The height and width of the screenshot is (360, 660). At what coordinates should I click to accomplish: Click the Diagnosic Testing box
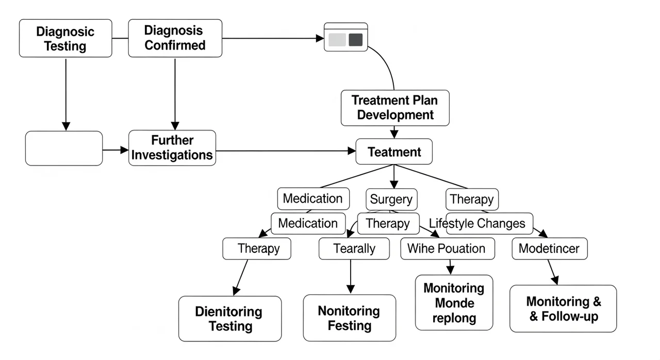tap(65, 38)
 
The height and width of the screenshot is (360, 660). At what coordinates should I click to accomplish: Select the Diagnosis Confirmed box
tap(175, 38)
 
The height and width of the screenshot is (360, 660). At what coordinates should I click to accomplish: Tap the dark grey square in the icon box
tap(356, 40)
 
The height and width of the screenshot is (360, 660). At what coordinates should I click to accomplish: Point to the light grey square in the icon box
tap(337, 40)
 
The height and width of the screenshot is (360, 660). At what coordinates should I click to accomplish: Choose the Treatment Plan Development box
tap(395, 108)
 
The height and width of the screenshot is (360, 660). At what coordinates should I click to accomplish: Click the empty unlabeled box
tap(64, 148)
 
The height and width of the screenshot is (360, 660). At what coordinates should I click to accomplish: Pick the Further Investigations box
tap(172, 148)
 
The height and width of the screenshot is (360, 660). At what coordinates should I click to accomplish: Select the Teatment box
tap(394, 152)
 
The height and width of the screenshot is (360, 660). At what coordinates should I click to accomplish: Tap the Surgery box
tap(391, 199)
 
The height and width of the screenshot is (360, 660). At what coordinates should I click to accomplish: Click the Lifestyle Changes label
tap(477, 223)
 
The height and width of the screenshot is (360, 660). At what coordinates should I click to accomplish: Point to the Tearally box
tap(354, 249)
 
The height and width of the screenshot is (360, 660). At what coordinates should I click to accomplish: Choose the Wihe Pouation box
tap(448, 249)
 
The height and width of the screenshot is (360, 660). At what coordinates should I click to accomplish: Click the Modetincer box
tap(550, 249)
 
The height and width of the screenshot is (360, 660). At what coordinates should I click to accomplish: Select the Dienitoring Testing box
tap(230, 319)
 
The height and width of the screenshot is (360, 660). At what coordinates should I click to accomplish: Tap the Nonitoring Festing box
tap(350, 318)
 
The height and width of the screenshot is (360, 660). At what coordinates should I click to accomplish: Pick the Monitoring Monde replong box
tap(454, 303)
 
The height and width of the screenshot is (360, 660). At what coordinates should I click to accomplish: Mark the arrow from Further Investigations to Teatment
tap(286, 151)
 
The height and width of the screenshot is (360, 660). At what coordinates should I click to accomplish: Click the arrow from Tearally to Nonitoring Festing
tap(351, 276)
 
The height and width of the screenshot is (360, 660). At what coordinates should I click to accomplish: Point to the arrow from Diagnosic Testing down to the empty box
tap(65, 94)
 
